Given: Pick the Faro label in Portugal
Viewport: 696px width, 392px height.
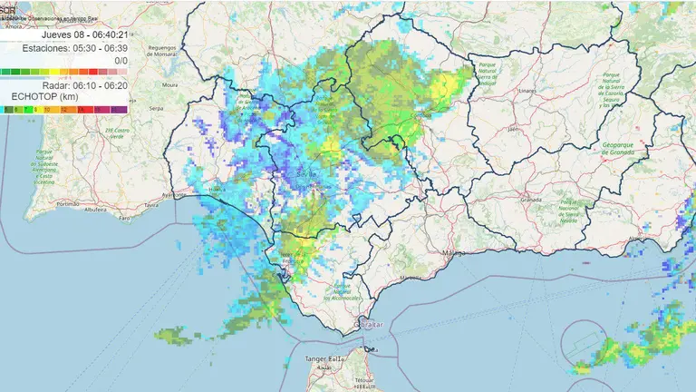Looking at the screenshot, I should coord(124,219).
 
